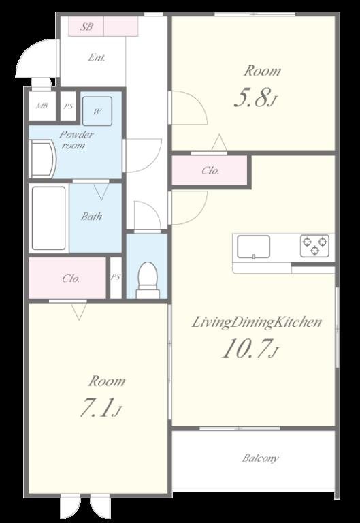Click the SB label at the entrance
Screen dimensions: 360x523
86,27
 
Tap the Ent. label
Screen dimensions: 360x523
97,58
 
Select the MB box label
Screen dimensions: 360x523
42,106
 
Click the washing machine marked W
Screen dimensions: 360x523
97,112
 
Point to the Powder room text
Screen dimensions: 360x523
76,140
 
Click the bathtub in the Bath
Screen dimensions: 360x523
49,218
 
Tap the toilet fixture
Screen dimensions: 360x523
147,280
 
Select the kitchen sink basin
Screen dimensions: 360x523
253,247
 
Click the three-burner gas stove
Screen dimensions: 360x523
314,246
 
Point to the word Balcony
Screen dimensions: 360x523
261,458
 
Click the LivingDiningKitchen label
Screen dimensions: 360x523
257,322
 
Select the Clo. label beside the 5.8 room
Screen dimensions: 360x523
210,171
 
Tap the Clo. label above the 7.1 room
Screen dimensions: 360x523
71,278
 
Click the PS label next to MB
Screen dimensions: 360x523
69,106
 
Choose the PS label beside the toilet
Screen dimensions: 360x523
116,277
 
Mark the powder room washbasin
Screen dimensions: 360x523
42,159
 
